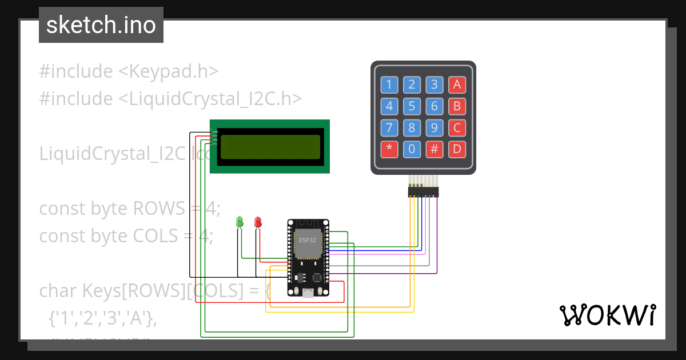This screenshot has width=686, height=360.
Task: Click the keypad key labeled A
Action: (x=456, y=85)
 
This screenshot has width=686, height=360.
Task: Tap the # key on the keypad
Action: (x=434, y=150)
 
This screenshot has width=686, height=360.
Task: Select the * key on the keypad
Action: (x=389, y=150)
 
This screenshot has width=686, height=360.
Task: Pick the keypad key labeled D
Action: (x=456, y=150)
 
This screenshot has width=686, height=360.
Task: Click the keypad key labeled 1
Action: (x=389, y=85)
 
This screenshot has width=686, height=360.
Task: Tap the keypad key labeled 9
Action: (x=434, y=128)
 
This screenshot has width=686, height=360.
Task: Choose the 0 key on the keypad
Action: (x=412, y=150)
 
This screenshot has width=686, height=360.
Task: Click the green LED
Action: (x=240, y=221)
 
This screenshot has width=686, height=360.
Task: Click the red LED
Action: (x=258, y=221)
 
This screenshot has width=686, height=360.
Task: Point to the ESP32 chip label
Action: (x=308, y=240)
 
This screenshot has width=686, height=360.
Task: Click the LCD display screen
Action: (x=270, y=147)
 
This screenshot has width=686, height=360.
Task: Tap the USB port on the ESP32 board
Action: (x=308, y=293)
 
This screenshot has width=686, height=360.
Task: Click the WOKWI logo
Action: (x=607, y=315)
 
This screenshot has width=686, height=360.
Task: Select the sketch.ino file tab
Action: (x=101, y=25)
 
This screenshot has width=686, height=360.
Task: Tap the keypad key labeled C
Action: (x=456, y=128)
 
